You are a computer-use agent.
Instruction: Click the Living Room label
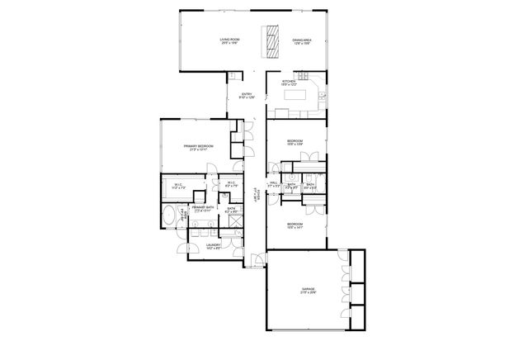coord(229,41)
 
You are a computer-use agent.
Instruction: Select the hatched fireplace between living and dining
coord(269,41)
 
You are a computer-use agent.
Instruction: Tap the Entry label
coord(246,96)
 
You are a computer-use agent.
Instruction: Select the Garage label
coord(308,290)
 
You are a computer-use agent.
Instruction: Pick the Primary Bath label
coord(203,209)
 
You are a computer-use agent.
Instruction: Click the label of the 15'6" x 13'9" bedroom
coord(295,143)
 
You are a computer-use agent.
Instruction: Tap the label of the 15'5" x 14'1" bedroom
coord(295,225)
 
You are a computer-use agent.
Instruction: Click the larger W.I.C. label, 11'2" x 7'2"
coord(177,185)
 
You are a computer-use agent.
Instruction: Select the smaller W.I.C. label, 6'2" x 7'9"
coord(231,185)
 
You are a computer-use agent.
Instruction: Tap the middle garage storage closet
coord(357,294)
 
